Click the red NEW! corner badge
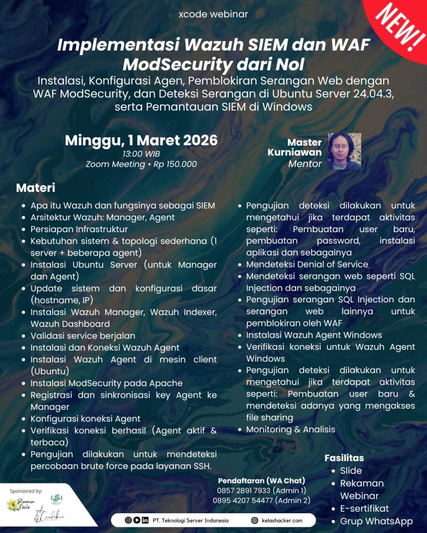402,23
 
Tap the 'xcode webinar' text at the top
213,15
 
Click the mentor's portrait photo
344,151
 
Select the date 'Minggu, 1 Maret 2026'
141,141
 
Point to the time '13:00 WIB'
141,154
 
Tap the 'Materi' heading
35,187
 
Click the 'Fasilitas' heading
344,458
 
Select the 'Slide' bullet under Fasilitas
351,471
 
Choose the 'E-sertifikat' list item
364,509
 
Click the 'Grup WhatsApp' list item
376,521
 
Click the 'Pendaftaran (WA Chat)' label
261,480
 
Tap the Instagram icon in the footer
128,520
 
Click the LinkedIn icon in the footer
144,520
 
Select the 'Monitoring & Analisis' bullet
290,429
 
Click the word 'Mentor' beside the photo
305,164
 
